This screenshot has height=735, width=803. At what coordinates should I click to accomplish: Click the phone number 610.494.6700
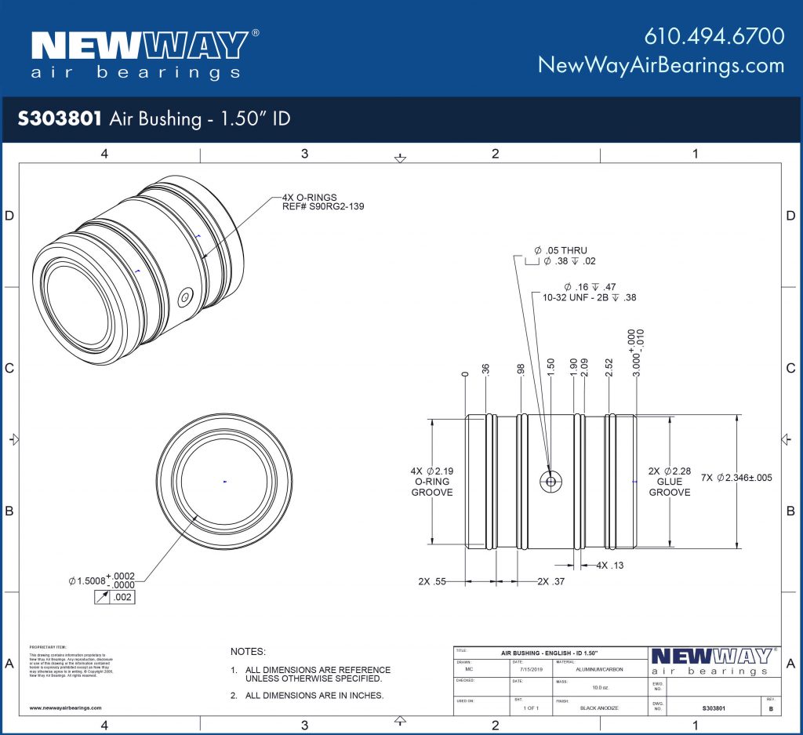pos(714,36)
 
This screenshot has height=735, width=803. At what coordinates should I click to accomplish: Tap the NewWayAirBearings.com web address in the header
pos(661,65)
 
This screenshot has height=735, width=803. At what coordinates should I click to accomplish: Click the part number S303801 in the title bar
pos(60,118)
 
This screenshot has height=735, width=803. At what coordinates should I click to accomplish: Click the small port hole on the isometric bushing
pos(186,297)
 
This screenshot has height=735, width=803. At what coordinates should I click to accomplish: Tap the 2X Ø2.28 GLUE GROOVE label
pos(669,481)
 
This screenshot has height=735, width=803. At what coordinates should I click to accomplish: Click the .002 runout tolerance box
pos(122,598)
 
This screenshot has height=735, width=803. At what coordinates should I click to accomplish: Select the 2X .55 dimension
pos(432,581)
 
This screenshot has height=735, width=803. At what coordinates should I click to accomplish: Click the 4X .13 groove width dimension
pos(609,565)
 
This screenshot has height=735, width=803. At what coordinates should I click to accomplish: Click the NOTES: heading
pos(248,652)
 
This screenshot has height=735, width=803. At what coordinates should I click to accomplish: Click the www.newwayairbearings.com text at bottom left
pos(66,708)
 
